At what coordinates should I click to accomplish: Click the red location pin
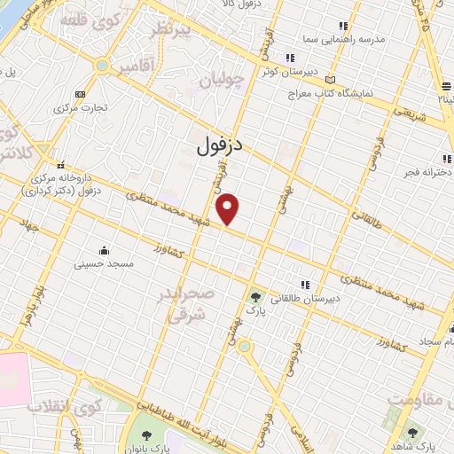point(229,209)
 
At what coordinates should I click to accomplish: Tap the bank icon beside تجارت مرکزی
point(80,94)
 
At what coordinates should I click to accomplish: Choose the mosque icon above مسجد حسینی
point(104,249)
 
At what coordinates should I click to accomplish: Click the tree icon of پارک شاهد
point(412,431)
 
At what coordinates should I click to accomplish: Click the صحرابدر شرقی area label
point(188,303)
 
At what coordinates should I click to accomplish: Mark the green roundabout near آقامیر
point(104,67)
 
